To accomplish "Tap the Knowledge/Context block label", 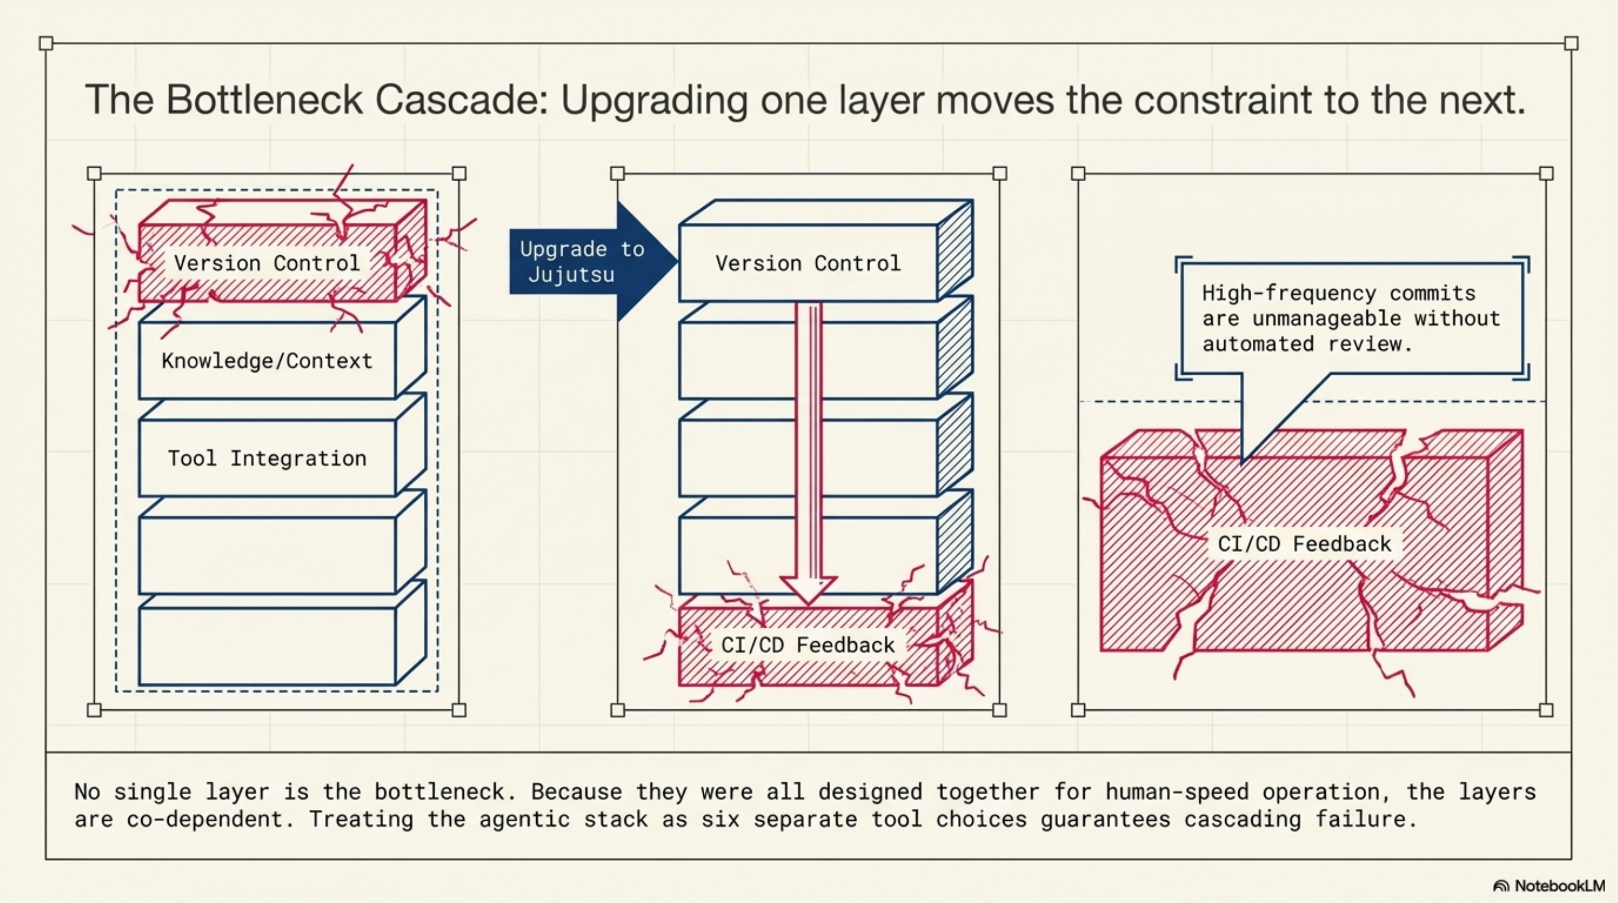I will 267,361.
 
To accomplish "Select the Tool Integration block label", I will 267,458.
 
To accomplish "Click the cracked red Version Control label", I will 267,262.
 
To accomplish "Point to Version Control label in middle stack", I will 808,262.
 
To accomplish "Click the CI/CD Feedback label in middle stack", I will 808,645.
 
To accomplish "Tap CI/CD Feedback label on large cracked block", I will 1305,544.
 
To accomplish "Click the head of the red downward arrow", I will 808,590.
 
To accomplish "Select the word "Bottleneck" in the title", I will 265,99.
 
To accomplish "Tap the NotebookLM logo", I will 1549,886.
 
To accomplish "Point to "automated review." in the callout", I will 1306,344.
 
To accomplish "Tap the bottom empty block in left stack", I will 267,647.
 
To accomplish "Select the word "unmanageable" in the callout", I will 1327,319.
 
